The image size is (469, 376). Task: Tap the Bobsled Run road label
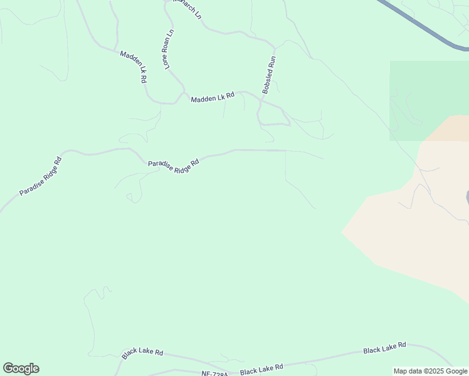269,75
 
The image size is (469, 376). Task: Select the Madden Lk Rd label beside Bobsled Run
213,97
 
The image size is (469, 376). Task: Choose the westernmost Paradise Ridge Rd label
40,176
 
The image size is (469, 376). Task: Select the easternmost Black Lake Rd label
384,348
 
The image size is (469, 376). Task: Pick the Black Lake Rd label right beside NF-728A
261,369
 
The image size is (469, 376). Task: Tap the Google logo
21,368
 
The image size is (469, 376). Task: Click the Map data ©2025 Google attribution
431,371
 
